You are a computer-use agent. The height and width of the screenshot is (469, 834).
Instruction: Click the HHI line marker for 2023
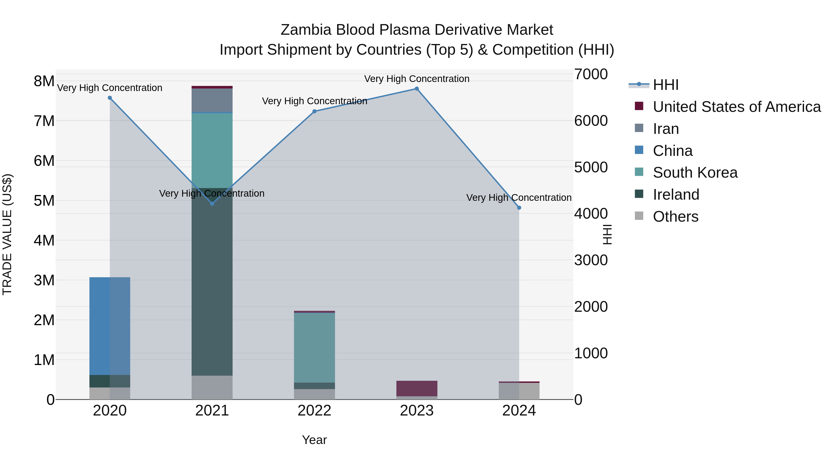point(417,89)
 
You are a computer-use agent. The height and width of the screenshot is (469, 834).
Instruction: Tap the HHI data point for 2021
point(212,204)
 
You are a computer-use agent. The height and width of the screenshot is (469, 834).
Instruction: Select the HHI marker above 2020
point(110,98)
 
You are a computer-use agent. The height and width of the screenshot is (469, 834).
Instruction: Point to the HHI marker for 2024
point(519,208)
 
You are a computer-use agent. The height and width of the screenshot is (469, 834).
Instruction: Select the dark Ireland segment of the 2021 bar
point(212,282)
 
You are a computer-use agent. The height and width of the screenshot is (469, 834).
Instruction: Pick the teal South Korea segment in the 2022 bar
point(314,348)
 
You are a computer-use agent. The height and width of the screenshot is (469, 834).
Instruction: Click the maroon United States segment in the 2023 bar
point(417,388)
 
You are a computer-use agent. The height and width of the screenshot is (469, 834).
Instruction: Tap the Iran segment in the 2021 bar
point(212,100)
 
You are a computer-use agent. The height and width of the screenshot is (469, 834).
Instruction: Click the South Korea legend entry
point(695,173)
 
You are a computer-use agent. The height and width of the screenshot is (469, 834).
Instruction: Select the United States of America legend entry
point(736,107)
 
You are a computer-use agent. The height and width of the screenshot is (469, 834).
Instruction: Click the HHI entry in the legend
point(665,85)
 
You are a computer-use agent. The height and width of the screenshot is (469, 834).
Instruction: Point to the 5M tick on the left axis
point(44,201)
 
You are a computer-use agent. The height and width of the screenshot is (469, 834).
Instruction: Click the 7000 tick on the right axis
point(591,74)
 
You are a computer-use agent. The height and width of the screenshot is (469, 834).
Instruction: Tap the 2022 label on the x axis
point(314,411)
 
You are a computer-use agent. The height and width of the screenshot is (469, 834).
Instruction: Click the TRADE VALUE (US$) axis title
point(7,234)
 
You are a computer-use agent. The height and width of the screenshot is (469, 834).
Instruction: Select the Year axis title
point(314,440)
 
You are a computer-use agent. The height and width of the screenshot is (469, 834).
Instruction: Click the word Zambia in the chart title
point(306,30)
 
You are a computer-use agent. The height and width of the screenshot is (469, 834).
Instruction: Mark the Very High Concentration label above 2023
point(417,79)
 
